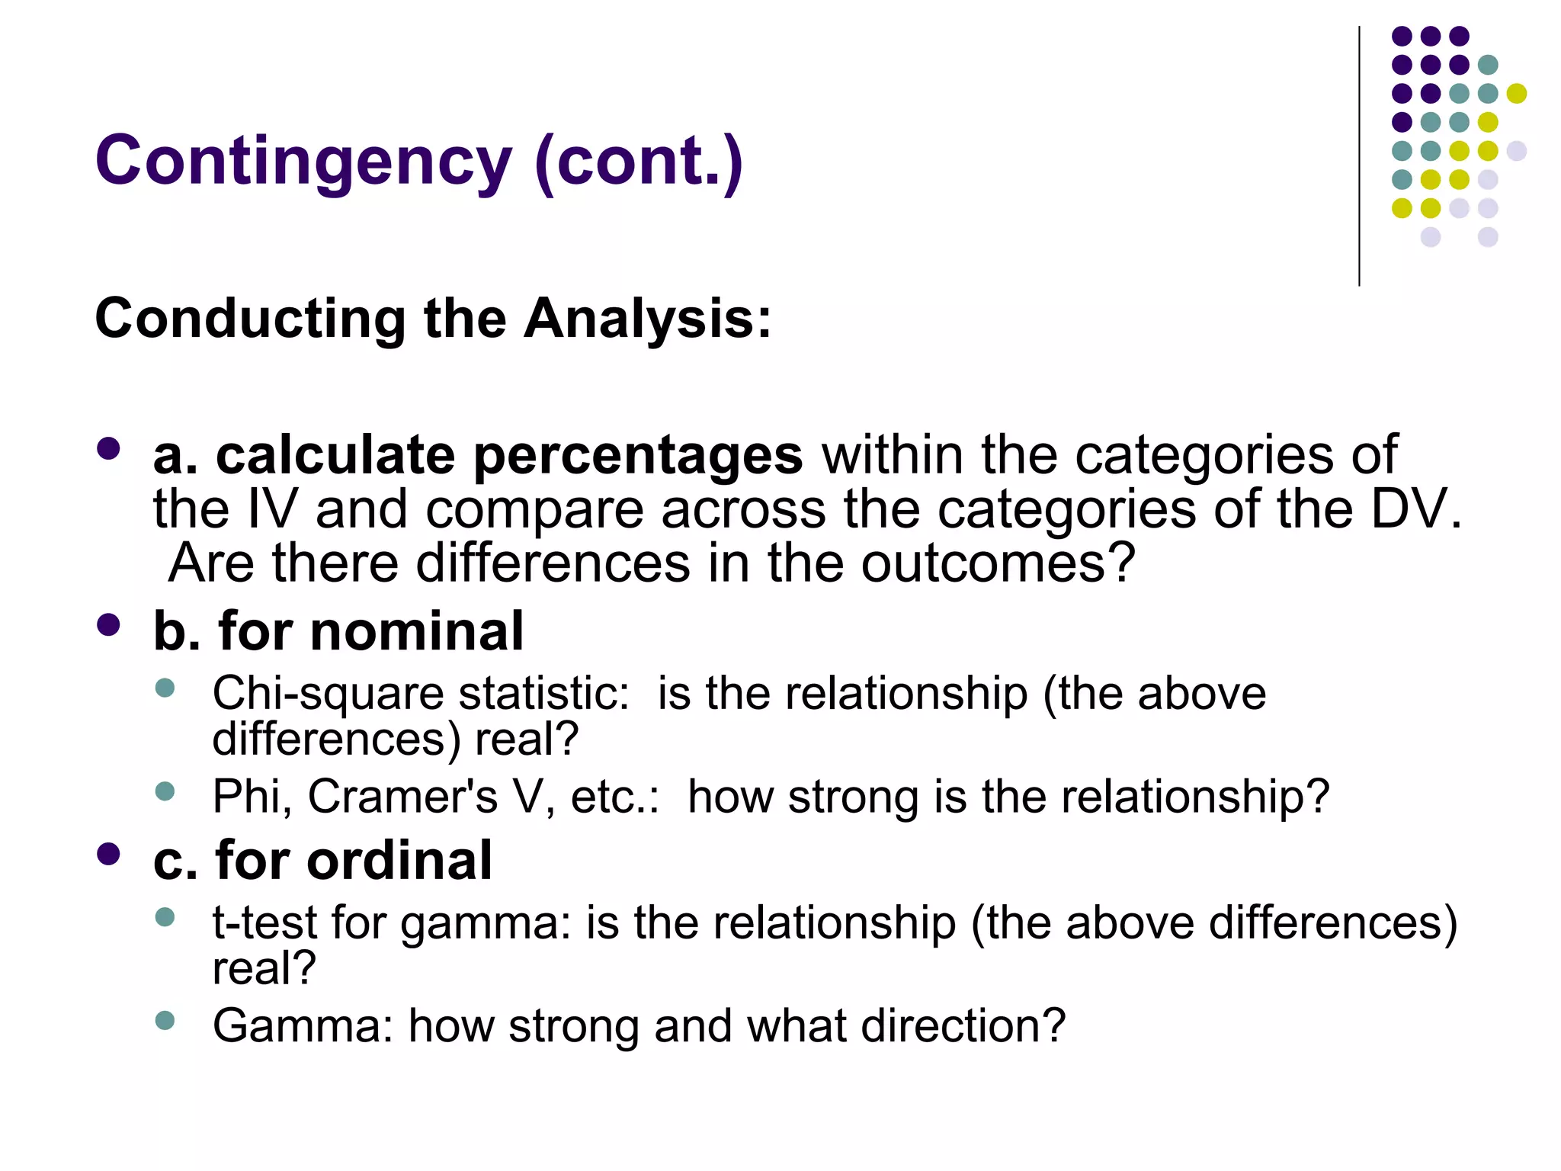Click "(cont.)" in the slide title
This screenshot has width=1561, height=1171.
pos(639,162)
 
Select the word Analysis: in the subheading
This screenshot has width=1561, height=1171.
pos(648,318)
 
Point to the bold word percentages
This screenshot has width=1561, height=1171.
pos(638,456)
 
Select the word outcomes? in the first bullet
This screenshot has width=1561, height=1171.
pos(998,563)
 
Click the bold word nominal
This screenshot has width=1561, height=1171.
pos(417,631)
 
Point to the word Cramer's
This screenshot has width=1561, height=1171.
pos(402,797)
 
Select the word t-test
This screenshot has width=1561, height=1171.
pos(264,922)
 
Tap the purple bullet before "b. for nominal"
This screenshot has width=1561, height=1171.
pos(109,625)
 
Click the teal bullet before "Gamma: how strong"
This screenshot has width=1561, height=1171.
pos(165,1020)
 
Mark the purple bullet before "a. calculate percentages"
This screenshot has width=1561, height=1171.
pos(109,448)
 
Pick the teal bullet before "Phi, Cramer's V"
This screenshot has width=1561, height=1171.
pos(165,791)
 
